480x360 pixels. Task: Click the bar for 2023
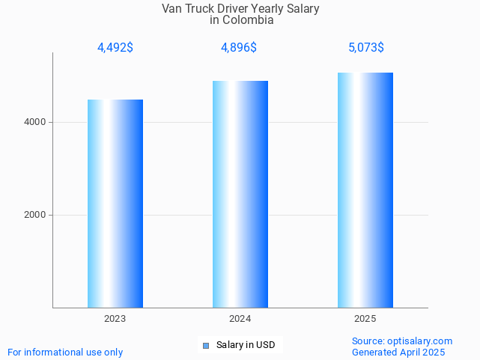115,204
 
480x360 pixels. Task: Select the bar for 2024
240,195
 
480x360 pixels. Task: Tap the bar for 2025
365,190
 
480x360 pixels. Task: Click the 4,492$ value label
115,48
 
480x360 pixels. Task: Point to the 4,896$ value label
239,48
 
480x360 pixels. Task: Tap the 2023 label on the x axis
115,319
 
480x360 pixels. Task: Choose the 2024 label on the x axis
240,319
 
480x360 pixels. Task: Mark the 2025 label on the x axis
365,319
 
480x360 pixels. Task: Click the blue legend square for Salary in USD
207,345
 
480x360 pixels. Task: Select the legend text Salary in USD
246,345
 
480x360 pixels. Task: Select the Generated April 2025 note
398,352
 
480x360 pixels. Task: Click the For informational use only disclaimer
65,352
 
